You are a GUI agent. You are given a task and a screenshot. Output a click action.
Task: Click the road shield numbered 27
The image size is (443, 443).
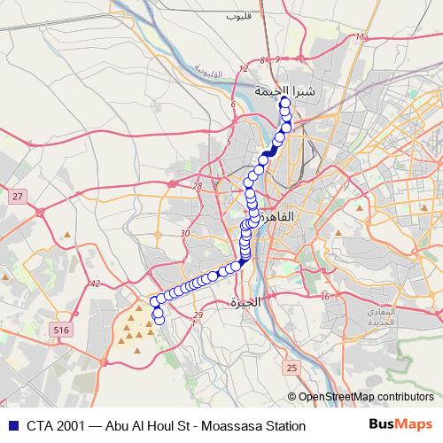[17, 195]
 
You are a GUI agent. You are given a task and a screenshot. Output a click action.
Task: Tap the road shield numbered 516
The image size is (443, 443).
[61, 330]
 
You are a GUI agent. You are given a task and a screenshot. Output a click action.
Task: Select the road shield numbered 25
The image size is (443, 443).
[292, 367]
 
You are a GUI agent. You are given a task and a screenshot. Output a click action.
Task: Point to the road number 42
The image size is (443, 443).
[97, 284]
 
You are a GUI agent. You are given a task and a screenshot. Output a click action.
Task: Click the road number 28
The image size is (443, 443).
[197, 185]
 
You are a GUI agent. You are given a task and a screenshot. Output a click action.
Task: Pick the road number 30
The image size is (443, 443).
[184, 233]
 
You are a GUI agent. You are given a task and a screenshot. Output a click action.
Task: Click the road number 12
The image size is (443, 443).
[244, 68]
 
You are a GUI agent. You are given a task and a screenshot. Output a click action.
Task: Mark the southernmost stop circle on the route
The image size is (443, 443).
[159, 321]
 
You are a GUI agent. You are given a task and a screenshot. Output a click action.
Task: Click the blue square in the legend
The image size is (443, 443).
[11, 426]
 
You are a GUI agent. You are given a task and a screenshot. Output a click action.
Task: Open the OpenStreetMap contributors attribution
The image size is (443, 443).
[364, 396]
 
